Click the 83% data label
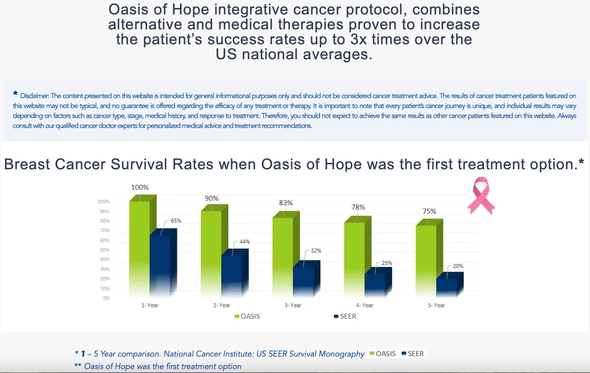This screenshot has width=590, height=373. click(x=286, y=203)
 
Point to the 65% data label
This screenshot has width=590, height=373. click(x=176, y=221)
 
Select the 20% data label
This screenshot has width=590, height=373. click(x=458, y=266)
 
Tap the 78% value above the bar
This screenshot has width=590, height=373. click(x=358, y=207)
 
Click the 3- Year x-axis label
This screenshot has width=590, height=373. click(x=293, y=305)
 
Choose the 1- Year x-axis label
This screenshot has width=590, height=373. click(x=150, y=305)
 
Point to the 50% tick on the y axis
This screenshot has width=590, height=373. click(x=105, y=249)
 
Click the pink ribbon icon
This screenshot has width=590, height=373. click(x=481, y=196)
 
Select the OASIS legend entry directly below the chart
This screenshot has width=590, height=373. click(x=247, y=317)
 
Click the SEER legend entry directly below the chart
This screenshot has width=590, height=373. click(x=345, y=317)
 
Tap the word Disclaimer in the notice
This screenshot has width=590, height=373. click(x=34, y=96)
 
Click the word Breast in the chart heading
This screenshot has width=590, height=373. click(x=27, y=164)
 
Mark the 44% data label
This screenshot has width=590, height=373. click(x=245, y=242)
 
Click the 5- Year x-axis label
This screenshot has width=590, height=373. click(x=436, y=305)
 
